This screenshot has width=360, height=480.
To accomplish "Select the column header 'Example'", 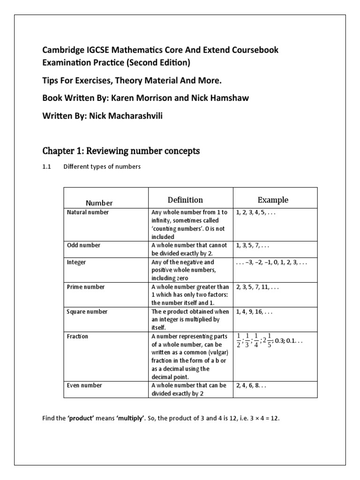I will click(273, 200).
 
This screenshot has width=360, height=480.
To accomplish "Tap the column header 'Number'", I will click(99, 203).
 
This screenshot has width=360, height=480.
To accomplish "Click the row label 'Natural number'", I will click(88, 212).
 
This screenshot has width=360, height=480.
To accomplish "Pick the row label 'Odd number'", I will click(84, 245).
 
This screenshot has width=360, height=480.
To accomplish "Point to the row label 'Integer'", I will click(77, 262).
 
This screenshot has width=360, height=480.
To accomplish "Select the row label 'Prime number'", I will click(86, 287).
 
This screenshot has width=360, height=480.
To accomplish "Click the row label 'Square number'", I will click(88, 312).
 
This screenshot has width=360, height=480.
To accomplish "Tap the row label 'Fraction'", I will click(78, 337).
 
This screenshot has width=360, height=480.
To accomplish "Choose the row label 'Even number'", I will click(85, 385).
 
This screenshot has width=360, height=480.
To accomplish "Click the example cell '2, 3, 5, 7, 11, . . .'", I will click(257, 287).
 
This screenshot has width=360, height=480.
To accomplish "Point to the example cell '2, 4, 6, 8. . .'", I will click(254, 385).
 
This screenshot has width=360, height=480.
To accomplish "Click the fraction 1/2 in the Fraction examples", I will click(239, 341).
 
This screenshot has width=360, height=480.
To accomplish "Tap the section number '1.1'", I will click(47, 167).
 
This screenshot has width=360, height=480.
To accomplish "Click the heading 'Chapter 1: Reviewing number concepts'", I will click(121, 151).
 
